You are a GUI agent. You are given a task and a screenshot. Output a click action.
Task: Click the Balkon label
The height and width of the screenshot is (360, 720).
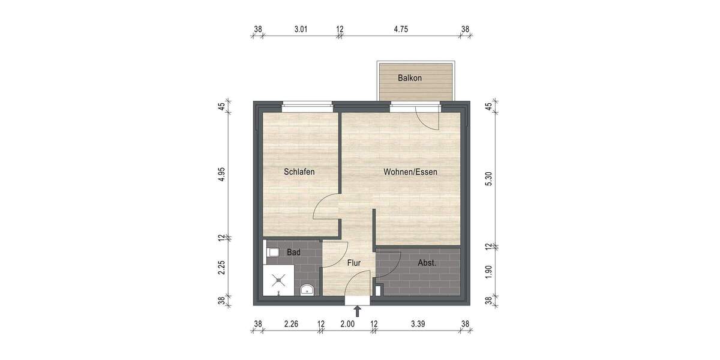(410, 79)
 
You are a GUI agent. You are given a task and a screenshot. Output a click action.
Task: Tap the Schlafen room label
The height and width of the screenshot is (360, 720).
(299, 172)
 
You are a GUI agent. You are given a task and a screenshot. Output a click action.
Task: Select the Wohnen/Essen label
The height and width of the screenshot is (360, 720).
(410, 172)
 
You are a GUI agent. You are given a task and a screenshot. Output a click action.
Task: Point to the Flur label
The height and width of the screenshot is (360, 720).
(354, 262)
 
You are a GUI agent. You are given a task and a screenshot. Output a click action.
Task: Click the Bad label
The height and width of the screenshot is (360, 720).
(293, 253)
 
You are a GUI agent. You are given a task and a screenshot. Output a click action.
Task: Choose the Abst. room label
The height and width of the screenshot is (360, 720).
(427, 262)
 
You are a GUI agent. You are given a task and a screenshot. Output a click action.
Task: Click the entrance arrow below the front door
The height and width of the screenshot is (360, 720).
(358, 311)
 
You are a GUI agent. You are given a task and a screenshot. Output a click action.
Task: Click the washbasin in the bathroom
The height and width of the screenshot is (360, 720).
(307, 290)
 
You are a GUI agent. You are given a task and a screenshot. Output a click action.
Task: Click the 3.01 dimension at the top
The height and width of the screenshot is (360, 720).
(300, 28)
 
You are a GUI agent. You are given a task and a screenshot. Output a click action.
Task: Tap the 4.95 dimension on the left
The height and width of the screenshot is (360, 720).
(221, 175)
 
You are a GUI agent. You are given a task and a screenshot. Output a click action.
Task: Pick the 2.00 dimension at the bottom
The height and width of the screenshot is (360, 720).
(347, 324)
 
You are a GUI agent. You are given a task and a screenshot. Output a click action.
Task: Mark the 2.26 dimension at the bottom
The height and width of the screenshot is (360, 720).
(292, 324)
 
